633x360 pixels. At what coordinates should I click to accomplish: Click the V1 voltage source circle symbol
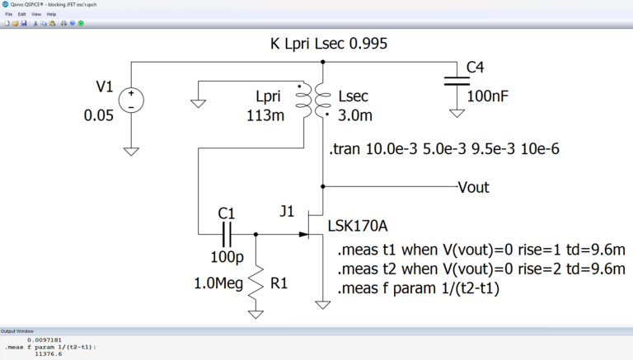click(130, 100)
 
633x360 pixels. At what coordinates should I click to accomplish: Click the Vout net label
click(474, 187)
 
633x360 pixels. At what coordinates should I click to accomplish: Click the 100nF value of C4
click(488, 96)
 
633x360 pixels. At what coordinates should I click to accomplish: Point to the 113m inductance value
click(265, 115)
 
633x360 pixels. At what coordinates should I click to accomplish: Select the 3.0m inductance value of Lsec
click(355, 115)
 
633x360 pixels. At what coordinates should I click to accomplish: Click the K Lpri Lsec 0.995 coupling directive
click(329, 44)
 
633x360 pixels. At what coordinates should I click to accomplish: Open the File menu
click(9, 14)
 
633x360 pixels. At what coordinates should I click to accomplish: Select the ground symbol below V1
click(130, 151)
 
